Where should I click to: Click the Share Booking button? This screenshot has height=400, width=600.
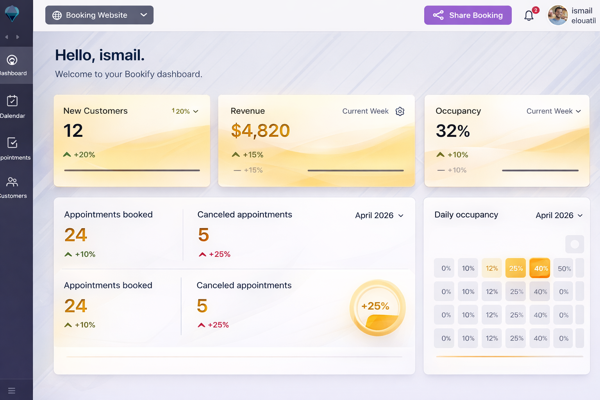[x=468, y=15]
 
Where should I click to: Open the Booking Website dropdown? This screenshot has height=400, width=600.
[x=99, y=15]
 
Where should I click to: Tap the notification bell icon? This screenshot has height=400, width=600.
[x=529, y=16]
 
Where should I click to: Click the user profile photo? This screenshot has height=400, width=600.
[x=557, y=15]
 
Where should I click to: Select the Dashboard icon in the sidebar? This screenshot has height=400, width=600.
[x=12, y=60]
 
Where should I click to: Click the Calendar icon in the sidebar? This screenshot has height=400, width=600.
[x=12, y=101]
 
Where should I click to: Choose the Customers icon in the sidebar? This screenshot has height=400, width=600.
[x=12, y=182]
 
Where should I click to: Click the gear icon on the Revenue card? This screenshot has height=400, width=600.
[x=400, y=111]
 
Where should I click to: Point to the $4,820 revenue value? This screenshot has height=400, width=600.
[x=260, y=130]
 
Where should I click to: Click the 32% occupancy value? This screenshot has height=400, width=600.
[x=453, y=131]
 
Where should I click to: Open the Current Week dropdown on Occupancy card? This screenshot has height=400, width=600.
[x=554, y=111]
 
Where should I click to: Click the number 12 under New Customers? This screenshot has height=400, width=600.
[x=73, y=130]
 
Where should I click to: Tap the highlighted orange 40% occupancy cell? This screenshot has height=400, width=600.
[x=540, y=268]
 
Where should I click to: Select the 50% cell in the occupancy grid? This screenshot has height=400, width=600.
[x=564, y=268]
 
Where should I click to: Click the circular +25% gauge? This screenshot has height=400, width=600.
[x=377, y=307]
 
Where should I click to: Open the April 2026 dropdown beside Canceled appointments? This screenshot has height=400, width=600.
[x=379, y=216]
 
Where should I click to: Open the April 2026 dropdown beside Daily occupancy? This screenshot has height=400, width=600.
[x=559, y=216]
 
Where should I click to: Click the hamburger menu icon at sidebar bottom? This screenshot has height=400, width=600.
[x=12, y=391]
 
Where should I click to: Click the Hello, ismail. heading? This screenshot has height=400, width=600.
[x=100, y=55]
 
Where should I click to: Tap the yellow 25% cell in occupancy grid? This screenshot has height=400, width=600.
[x=516, y=268]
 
